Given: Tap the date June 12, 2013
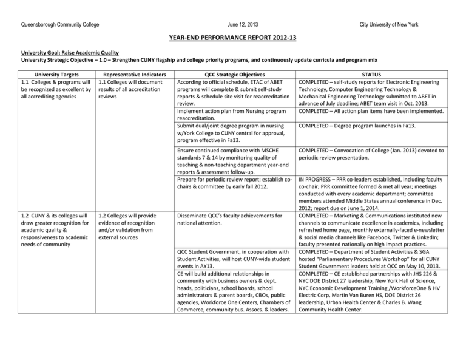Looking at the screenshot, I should pyautogui.click(x=232, y=24).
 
